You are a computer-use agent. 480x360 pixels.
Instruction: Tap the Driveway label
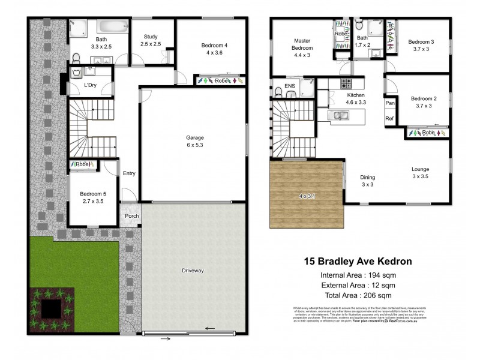[193, 271]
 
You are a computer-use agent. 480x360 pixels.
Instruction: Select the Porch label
[131, 217]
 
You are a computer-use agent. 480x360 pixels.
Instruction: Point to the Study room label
[151, 40]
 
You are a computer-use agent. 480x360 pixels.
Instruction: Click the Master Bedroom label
[302, 44]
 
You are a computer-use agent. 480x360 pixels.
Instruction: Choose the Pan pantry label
[390, 103]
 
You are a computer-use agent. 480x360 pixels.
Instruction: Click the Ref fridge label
[390, 118]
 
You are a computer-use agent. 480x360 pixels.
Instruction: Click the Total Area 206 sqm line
[358, 295]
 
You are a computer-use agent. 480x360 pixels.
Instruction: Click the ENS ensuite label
[290, 86]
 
